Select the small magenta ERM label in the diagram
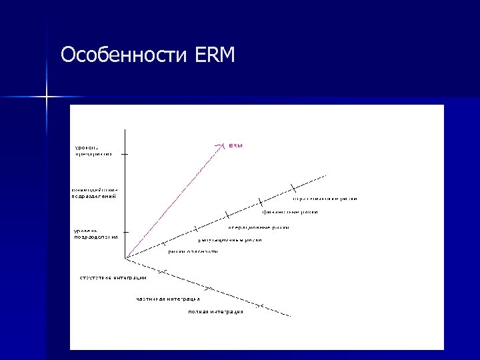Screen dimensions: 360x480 coord(235,145)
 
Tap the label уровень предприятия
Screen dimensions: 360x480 coord(93,150)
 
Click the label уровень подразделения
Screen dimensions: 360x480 coord(95,233)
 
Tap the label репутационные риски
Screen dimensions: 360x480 coord(230,239)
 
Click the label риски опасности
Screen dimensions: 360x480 coord(193,251)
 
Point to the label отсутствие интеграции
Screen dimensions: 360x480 coord(113,277)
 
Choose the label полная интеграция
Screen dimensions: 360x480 coord(215,311)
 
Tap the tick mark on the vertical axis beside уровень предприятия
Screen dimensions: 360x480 coord(125,154)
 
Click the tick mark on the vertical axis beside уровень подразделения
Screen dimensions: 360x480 coord(125,233)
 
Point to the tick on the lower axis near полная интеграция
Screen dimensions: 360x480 coord(262,307)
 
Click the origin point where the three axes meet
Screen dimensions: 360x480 coord(125,257)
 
